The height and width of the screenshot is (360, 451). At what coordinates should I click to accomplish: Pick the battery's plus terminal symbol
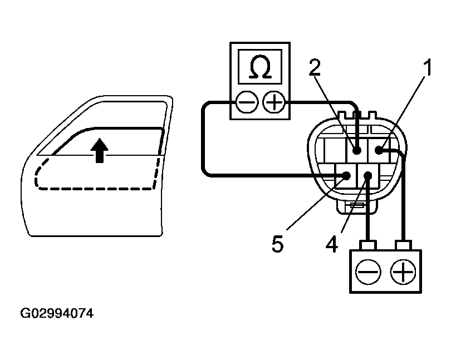[x=403, y=272]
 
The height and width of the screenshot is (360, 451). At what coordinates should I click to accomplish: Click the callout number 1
[x=427, y=68]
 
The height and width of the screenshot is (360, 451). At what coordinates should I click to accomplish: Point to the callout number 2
[x=315, y=67]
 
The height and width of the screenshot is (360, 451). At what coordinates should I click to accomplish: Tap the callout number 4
[x=332, y=244]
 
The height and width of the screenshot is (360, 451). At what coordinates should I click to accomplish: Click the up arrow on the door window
[x=100, y=150]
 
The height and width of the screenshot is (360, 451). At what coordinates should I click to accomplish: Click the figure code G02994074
[x=57, y=314]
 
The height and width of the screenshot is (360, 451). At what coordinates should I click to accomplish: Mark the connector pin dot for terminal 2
[x=356, y=150]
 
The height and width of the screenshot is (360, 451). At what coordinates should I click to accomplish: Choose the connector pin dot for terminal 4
[x=367, y=176]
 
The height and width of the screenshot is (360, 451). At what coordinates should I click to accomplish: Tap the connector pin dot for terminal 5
[x=346, y=176]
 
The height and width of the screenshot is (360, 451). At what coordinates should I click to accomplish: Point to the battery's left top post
[x=367, y=245]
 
